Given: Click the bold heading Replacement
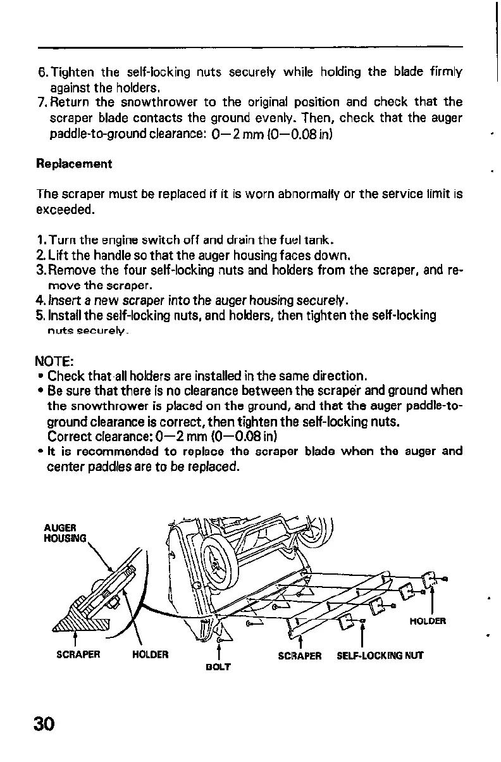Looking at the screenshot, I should click(x=74, y=164).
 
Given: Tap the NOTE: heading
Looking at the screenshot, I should click(x=54, y=362).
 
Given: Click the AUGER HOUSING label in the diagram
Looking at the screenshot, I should click(x=61, y=532).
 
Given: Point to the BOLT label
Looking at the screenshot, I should click(x=218, y=667).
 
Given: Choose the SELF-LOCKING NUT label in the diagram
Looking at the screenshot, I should click(x=380, y=656).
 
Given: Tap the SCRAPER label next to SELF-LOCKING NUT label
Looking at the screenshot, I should click(x=300, y=656).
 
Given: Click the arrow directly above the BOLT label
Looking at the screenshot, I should click(x=218, y=648).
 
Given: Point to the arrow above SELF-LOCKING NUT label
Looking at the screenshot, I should click(x=362, y=636).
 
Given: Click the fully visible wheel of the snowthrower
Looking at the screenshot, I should click(x=221, y=561).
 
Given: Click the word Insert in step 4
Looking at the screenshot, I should click(x=62, y=299).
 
